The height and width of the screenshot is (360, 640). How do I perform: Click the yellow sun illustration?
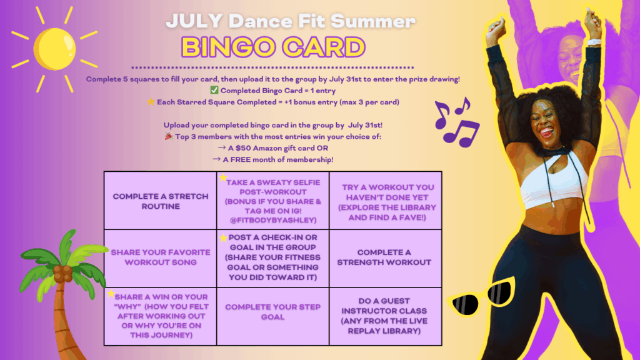pos(54,49)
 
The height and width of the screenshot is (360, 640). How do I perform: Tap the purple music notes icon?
pos(457,122)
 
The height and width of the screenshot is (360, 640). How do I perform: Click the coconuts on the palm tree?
pos(63,274)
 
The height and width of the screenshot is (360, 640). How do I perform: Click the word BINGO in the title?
pos(228,47)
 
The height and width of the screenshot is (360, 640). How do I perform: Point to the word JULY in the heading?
pos(194,21)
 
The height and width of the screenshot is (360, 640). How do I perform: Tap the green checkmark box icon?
pos(214,90)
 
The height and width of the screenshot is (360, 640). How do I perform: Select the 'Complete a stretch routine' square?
pos(161,201)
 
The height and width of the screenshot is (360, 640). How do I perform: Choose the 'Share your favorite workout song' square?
pos(161,258)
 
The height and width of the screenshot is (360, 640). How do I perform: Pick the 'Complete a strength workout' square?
pos(385,258)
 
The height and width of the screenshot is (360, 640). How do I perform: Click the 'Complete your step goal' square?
pos(272,316)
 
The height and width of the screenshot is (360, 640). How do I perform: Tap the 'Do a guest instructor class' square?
pos(385,316)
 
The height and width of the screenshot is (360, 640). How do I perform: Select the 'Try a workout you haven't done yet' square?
pos(385,201)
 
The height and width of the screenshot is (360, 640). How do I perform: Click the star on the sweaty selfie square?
pos(223,177)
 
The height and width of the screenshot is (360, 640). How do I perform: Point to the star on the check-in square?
pos(223,238)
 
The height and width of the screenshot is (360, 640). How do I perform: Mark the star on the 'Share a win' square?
pos(111,293)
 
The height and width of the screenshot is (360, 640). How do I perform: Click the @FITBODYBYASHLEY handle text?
pos(273,221)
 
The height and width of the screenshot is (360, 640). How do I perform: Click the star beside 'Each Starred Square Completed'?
pos(151,102)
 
